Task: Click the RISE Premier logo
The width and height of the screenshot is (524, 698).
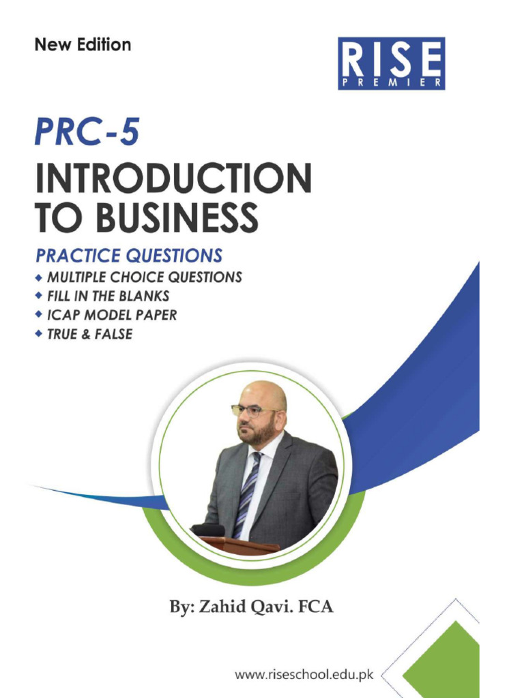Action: pos(391,63)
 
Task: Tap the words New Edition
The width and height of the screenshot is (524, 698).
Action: pos(83,45)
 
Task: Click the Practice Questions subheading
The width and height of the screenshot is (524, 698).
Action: pos(129,256)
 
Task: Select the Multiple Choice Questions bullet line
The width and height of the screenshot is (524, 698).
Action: pos(144,277)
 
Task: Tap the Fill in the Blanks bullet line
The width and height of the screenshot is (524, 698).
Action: pos(108,297)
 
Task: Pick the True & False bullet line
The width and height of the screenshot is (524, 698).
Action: pos(89,335)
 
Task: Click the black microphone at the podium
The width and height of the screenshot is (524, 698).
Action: pos(207,530)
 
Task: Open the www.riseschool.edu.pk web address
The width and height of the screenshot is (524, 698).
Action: pos(304,675)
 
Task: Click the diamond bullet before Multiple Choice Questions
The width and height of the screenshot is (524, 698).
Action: pos(40,277)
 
